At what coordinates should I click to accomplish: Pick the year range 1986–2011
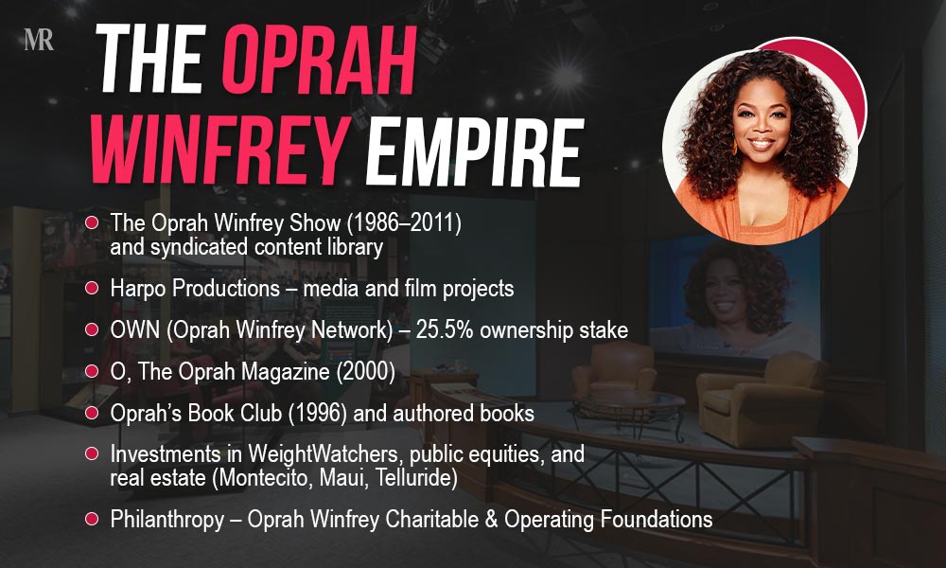click(408, 223)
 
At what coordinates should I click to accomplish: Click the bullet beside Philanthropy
click(93, 519)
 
